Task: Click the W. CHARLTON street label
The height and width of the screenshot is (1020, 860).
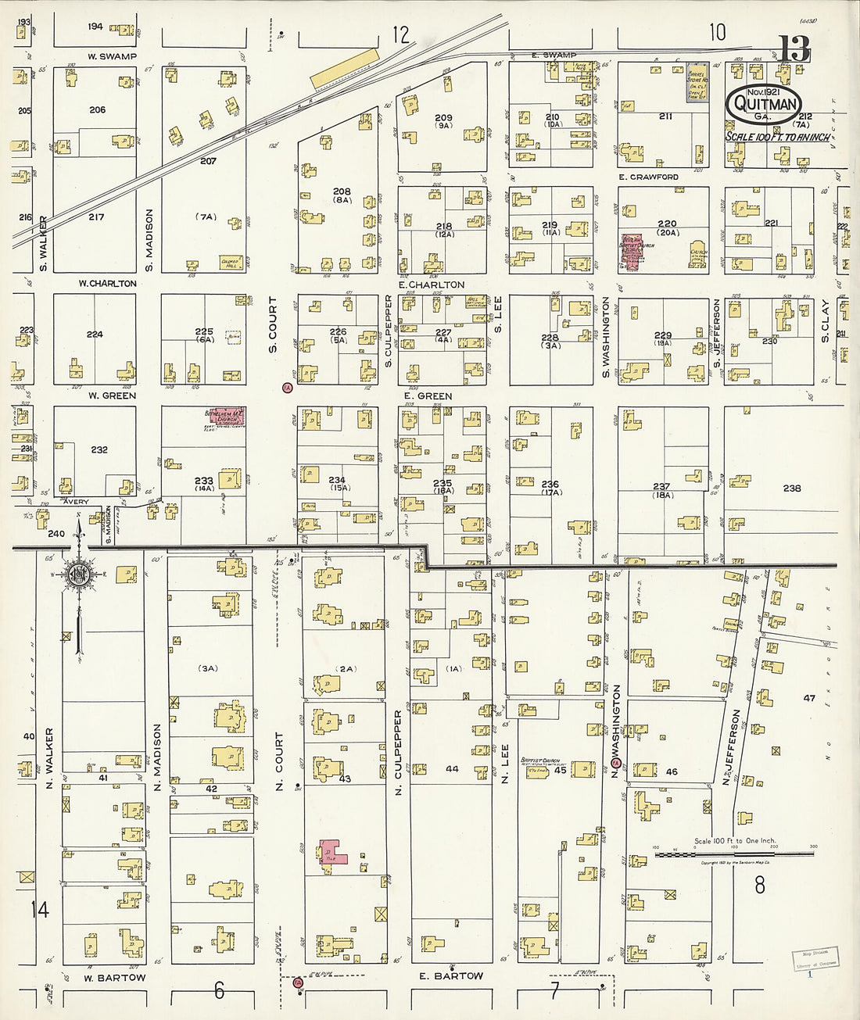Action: coord(107,284)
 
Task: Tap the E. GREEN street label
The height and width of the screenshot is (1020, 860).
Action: coord(428,396)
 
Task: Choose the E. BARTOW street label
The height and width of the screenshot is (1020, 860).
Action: coord(451,975)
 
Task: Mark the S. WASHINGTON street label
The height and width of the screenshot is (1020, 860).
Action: coord(606,338)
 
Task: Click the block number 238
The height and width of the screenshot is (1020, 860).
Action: coord(792,489)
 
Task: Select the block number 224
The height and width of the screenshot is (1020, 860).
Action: coord(95,335)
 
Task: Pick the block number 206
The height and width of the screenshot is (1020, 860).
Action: coord(97,110)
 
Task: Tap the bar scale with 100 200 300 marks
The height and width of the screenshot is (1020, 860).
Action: coord(733,855)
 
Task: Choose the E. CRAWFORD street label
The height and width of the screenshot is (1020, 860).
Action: coord(648,177)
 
